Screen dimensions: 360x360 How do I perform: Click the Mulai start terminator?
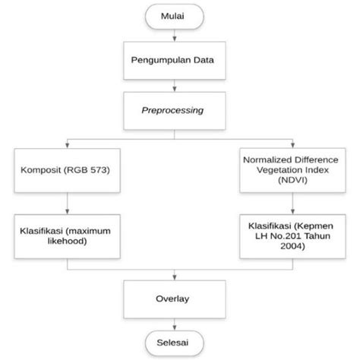coord(175,16)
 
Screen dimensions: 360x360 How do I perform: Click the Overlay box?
coord(175,300)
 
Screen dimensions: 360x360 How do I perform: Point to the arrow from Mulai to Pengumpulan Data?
coord(175,35)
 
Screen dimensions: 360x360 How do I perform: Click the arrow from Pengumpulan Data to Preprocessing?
coord(175,84)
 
